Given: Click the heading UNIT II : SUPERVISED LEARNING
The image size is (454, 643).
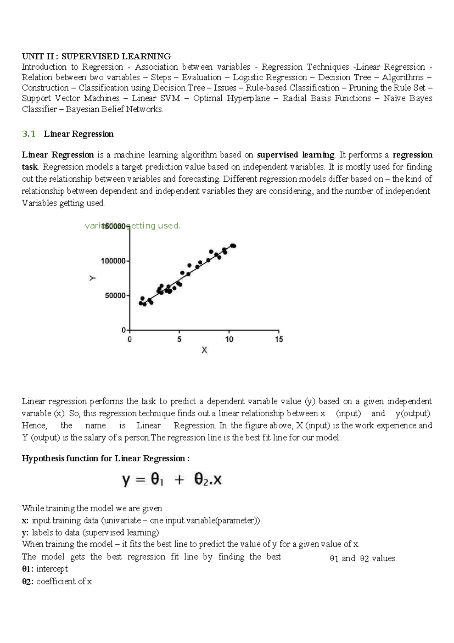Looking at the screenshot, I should pyautogui.click(x=96, y=56).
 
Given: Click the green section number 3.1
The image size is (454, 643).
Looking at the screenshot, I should pyautogui.click(x=29, y=134).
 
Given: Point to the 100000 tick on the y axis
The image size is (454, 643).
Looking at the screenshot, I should pyautogui.click(x=113, y=261).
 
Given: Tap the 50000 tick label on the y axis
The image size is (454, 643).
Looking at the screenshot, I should pyautogui.click(x=115, y=295).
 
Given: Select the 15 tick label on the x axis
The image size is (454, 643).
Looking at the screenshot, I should pyautogui.click(x=279, y=339).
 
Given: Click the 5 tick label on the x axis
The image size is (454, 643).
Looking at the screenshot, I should pyautogui.click(x=179, y=339).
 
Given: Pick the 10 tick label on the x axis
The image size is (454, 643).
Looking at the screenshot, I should pyautogui.click(x=229, y=339).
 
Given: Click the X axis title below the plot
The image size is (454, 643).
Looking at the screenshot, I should pyautogui.click(x=204, y=350).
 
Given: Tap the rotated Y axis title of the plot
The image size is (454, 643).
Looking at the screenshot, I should pyautogui.click(x=92, y=278).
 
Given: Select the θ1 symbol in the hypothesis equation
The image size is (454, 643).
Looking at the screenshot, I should pyautogui.click(x=157, y=480).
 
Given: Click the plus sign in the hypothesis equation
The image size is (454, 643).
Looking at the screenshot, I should pyautogui.click(x=179, y=480).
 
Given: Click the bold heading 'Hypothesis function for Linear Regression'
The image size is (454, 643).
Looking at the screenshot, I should pyautogui.click(x=105, y=458).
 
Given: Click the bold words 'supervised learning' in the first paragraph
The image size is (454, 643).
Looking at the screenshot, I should pyautogui.click(x=295, y=155).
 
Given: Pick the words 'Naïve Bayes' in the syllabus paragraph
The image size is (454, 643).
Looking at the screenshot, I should pyautogui.click(x=407, y=98).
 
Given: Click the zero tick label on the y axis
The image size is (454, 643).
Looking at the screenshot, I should pyautogui.click(x=123, y=330).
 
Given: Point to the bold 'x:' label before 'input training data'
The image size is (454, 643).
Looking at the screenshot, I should pyautogui.click(x=25, y=520).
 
